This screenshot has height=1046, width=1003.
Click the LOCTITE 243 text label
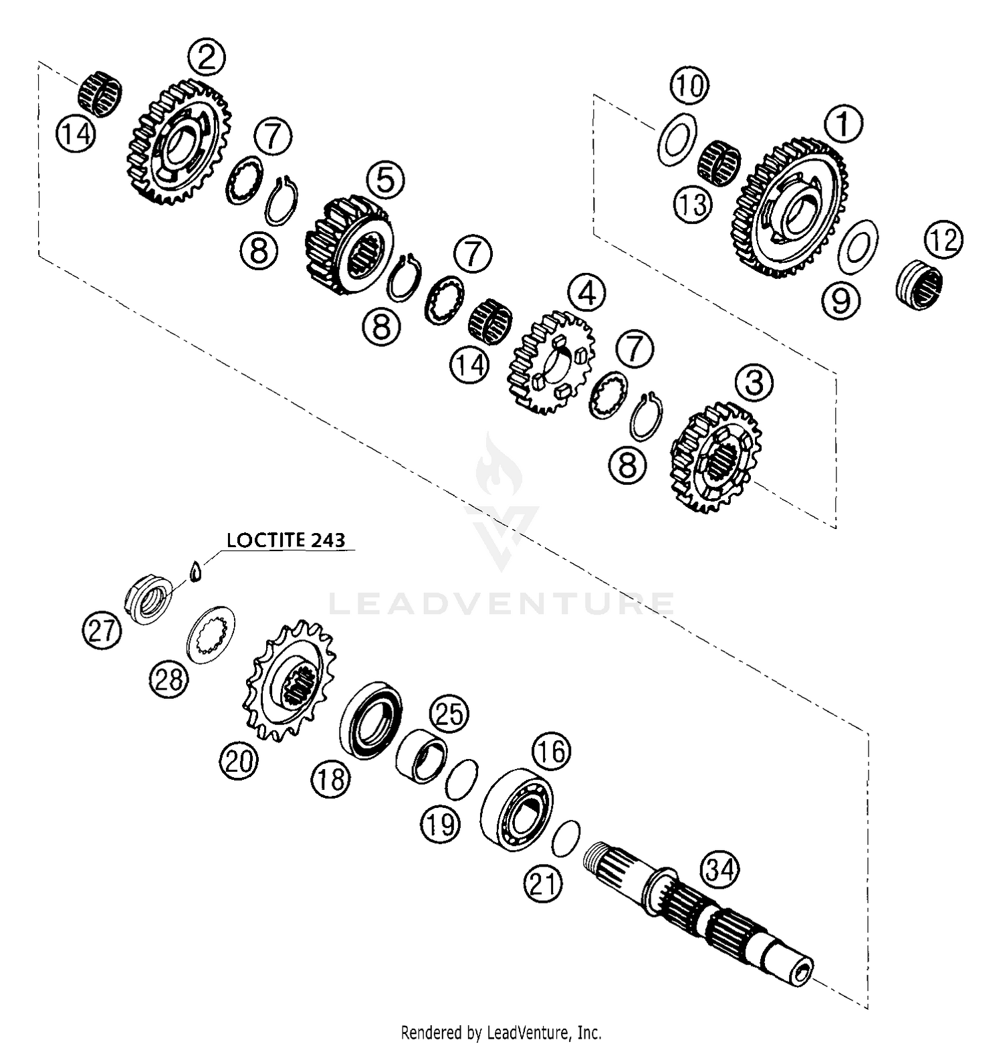click(x=286, y=540)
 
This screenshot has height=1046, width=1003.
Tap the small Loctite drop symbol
click(x=195, y=571)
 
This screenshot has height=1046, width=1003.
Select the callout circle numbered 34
click(x=719, y=870)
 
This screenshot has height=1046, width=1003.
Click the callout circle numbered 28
click(x=169, y=679)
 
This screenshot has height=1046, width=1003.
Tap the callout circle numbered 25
click(x=449, y=714)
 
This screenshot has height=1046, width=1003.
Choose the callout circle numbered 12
click(x=944, y=240)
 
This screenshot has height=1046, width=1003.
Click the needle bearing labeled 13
click(x=719, y=162)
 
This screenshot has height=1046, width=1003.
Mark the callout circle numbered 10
click(x=689, y=86)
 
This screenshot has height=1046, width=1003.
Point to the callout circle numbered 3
click(x=754, y=384)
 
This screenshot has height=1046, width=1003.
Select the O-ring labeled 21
click(x=566, y=838)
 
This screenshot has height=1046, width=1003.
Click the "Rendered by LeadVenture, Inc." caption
click(x=501, y=1032)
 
